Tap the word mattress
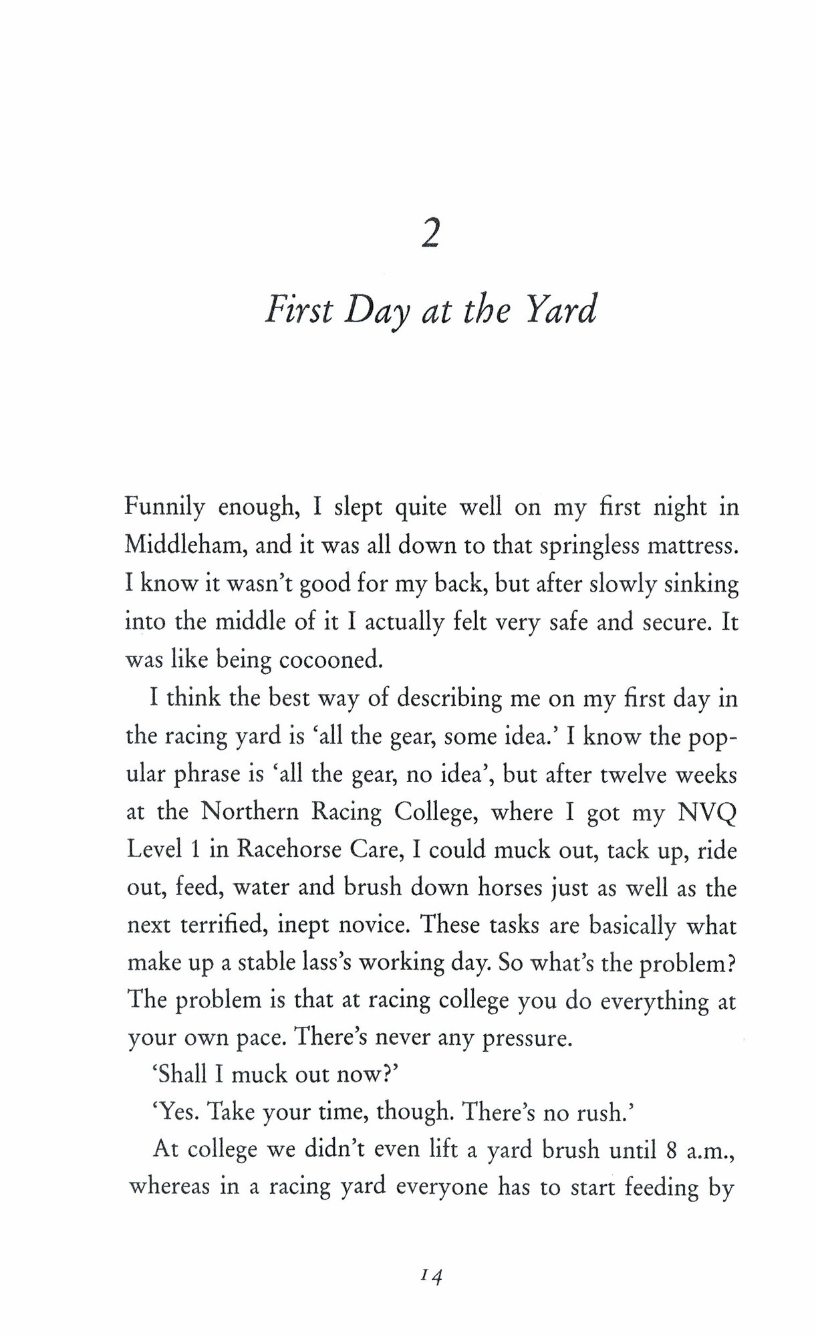coord(694,546)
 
